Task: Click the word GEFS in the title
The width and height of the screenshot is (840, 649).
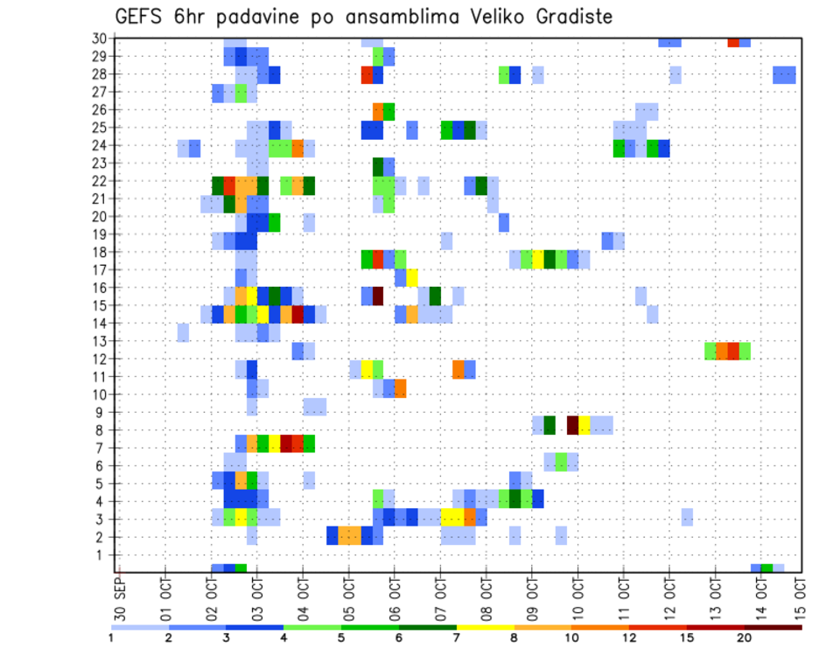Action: click(x=139, y=17)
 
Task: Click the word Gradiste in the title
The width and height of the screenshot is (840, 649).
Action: click(x=565, y=17)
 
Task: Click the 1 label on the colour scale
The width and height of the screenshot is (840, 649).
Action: click(x=112, y=638)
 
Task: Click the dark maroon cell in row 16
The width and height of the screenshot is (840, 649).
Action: click(x=378, y=296)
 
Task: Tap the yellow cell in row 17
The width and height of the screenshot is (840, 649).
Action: click(x=412, y=278)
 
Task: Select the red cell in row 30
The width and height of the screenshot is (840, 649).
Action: click(x=733, y=41)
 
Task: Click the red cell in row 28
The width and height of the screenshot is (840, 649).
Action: click(x=367, y=74)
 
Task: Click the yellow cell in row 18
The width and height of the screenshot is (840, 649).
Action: click(x=538, y=260)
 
